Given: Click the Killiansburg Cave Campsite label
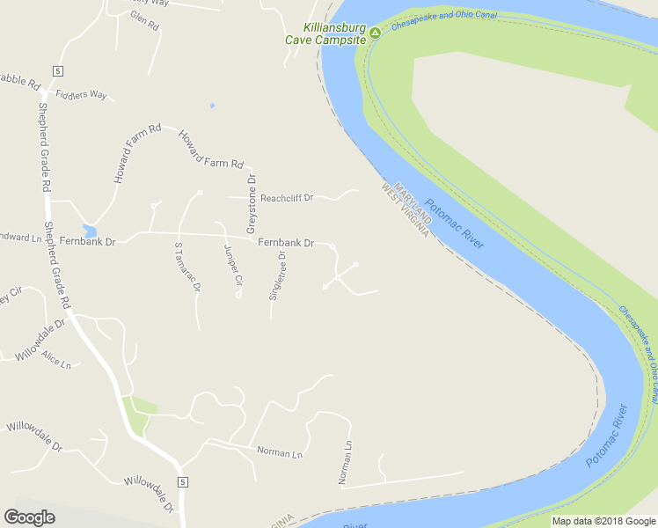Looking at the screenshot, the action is [325, 33].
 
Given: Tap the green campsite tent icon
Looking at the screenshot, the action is [375, 33].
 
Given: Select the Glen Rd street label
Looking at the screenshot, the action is [143, 21].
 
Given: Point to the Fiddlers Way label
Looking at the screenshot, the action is [80, 94].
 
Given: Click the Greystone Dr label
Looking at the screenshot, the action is [251, 203].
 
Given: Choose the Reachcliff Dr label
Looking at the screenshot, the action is [287, 198].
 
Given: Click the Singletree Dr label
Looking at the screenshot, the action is [277, 277].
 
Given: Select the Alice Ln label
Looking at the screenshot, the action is [55, 362].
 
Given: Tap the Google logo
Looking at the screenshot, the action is [30, 517].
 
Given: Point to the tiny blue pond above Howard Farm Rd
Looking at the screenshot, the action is [211, 106].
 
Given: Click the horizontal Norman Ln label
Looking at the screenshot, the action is [280, 453].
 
